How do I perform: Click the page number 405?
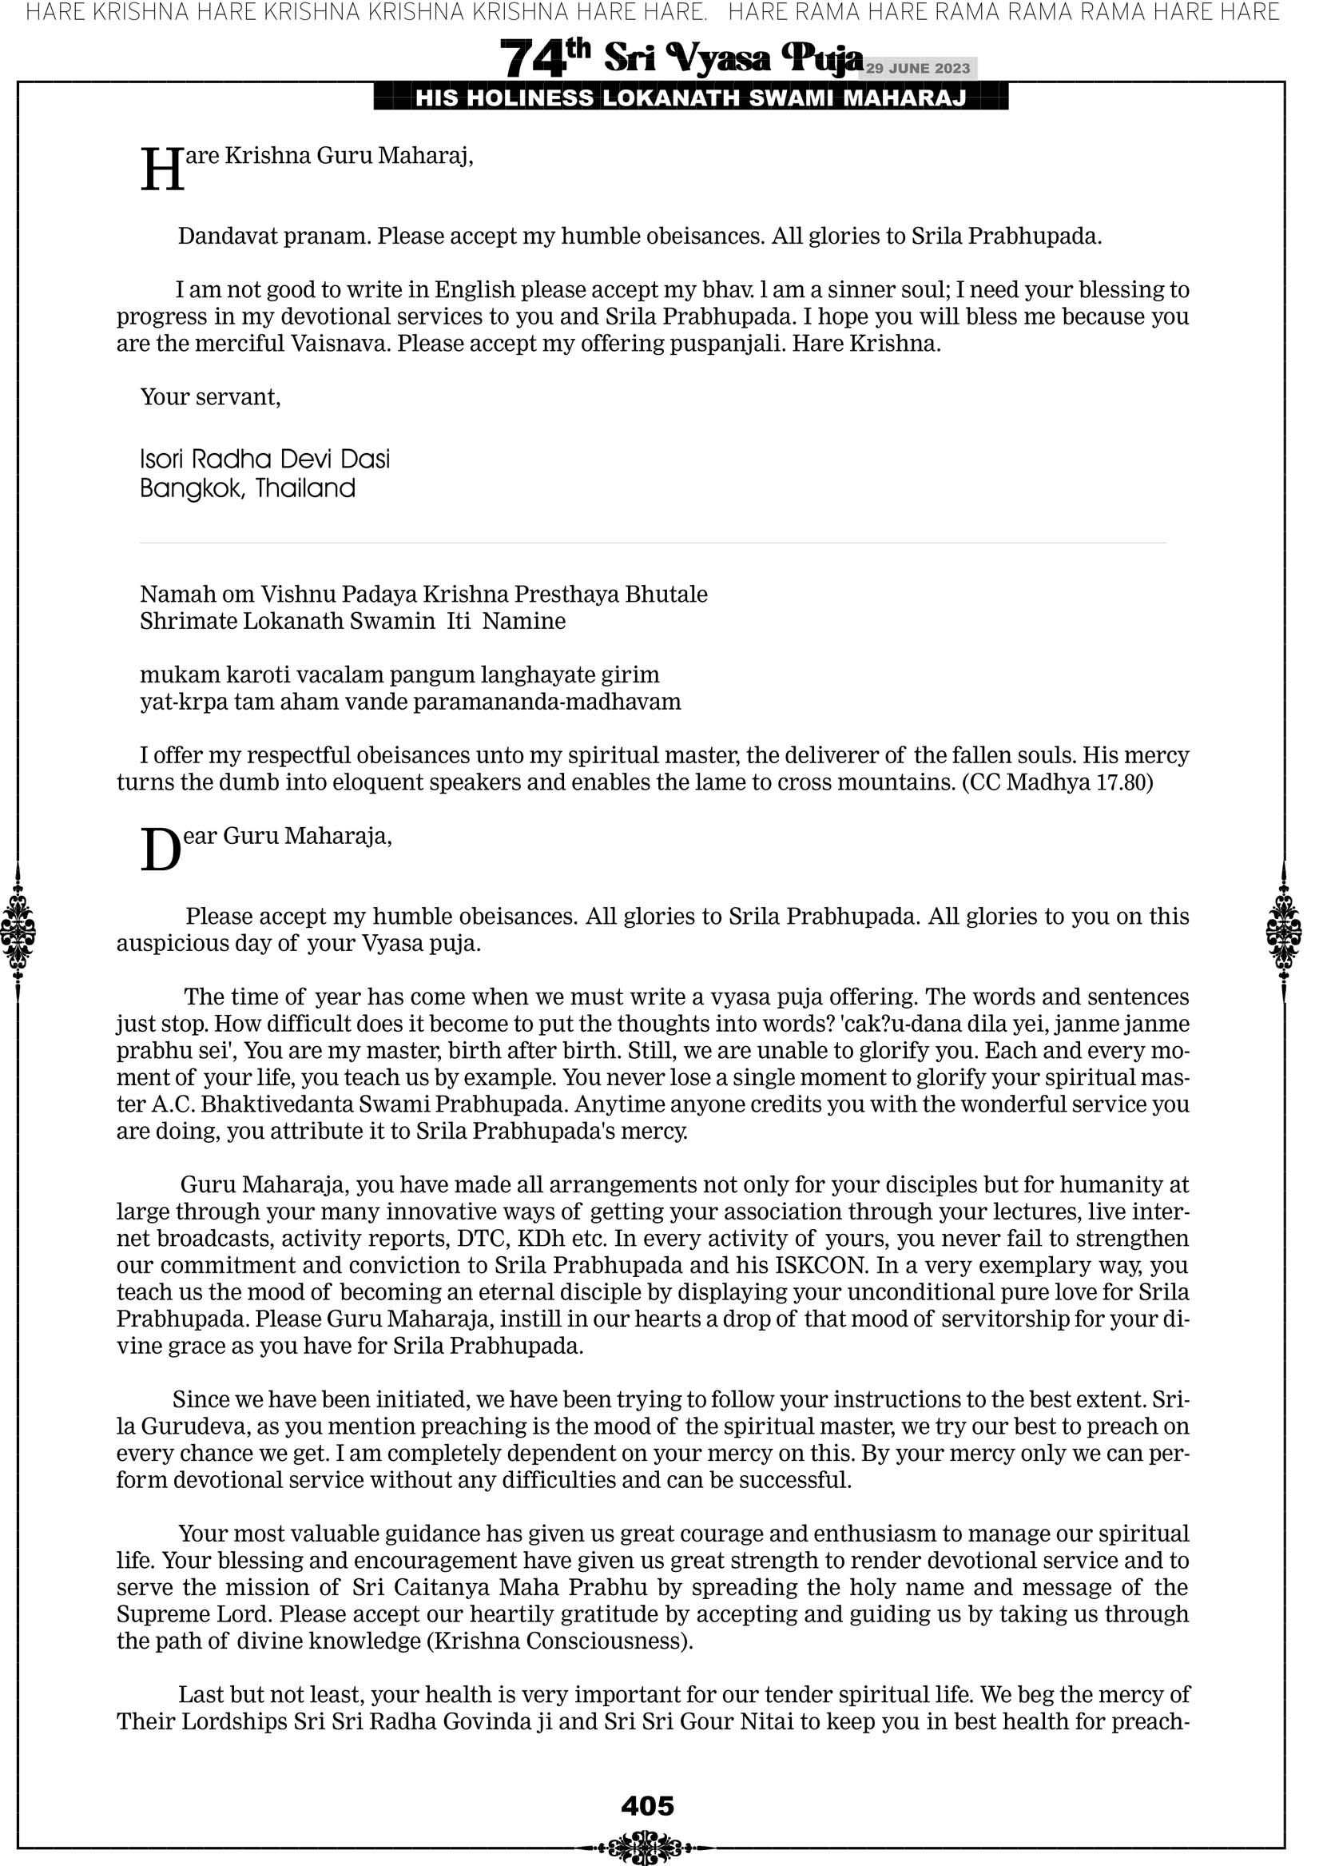[647, 1806]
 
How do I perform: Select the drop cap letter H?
[161, 171]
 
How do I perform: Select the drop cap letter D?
[160, 850]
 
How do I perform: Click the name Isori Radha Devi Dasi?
[265, 460]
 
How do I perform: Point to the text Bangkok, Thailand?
[248, 488]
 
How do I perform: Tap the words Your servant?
[210, 396]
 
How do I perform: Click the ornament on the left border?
[18, 931]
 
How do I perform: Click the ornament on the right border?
[1284, 931]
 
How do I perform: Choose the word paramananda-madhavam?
[547, 702]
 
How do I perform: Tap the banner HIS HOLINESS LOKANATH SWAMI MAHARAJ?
[691, 98]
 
